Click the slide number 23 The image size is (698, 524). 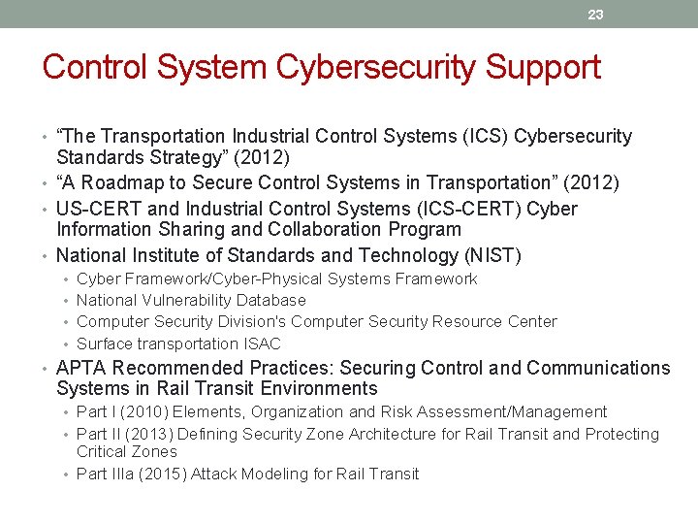click(595, 15)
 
